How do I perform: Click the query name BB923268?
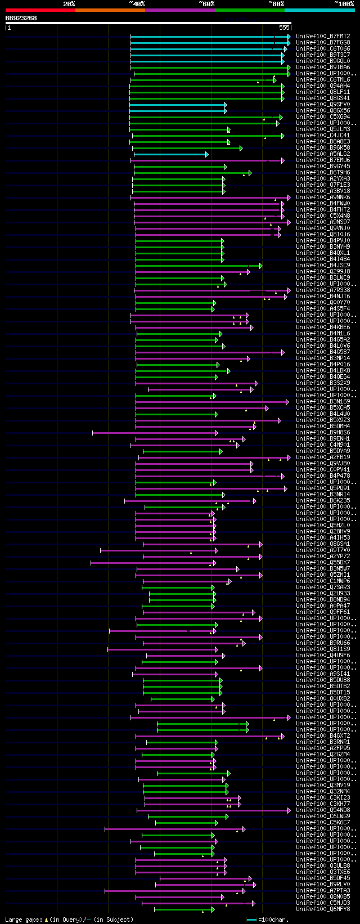(x=21, y=18)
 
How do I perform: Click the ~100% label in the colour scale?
(x=344, y=3)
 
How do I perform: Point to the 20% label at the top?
(x=69, y=3)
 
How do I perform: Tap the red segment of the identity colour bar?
(x=40, y=10)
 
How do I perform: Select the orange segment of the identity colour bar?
(x=110, y=10)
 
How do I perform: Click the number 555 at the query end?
(x=284, y=27)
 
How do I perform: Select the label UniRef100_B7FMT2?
(x=323, y=37)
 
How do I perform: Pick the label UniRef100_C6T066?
(x=323, y=49)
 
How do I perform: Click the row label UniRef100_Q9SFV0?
(x=323, y=105)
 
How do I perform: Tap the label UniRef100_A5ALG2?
(x=323, y=154)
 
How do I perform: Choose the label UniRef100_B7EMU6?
(x=323, y=160)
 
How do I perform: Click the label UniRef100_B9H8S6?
(x=323, y=433)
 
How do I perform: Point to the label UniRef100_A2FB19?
(x=323, y=457)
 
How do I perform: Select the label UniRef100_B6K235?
(x=323, y=501)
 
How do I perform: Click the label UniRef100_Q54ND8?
(x=323, y=810)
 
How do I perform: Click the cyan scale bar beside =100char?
(x=252, y=919)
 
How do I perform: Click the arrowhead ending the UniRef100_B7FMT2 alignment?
(x=289, y=37)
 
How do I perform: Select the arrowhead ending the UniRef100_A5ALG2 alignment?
(x=207, y=154)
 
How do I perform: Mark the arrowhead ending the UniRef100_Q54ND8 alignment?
(x=289, y=810)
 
